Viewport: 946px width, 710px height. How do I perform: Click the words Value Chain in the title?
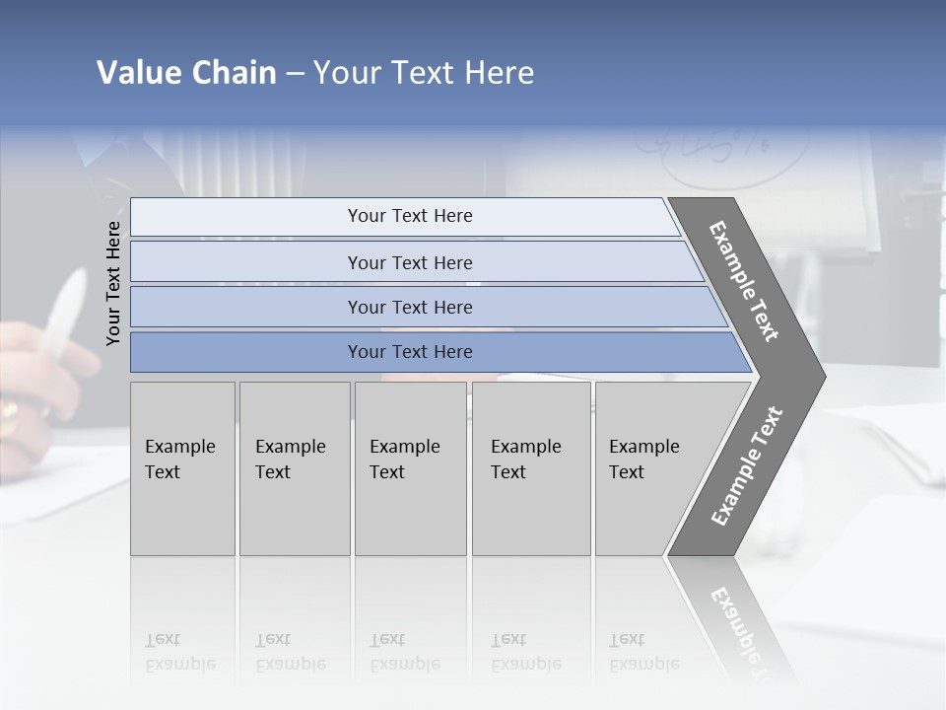(186, 73)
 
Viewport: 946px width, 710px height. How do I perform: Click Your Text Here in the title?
(424, 73)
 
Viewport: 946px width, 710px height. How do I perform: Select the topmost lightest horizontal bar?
(409, 216)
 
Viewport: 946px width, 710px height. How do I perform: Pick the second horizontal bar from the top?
(409, 262)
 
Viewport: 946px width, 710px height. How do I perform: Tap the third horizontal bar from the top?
(409, 307)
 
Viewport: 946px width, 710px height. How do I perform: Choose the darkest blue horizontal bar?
(409, 352)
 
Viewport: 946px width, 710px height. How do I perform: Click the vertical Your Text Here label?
(113, 283)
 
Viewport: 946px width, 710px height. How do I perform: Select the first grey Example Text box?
(182, 468)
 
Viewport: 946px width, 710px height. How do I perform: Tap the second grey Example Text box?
(294, 468)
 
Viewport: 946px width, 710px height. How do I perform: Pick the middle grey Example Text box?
(410, 468)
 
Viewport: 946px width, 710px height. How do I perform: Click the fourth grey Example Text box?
(530, 468)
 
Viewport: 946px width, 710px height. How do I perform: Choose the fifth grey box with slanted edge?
(650, 468)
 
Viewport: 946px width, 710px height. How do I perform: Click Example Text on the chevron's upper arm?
(744, 281)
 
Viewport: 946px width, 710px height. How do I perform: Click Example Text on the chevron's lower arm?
(746, 465)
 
